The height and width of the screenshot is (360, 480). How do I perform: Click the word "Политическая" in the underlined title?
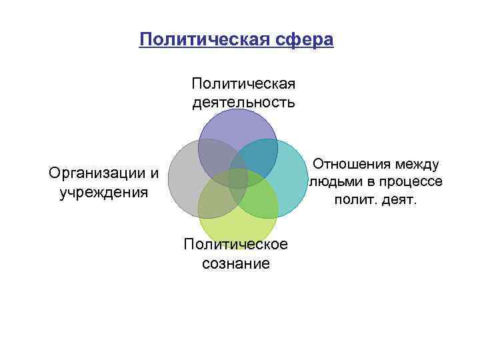(x=201, y=40)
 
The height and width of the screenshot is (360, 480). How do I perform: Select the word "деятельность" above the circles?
(x=243, y=102)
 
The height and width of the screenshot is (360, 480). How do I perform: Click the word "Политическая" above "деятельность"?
(x=243, y=84)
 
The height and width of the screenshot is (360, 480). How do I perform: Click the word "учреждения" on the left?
(x=103, y=193)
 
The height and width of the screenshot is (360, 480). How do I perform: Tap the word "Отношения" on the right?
(x=351, y=164)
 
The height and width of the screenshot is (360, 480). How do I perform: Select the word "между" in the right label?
(x=416, y=164)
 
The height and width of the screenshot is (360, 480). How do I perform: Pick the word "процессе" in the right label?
(x=410, y=182)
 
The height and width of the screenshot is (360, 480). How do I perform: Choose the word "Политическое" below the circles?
(x=237, y=244)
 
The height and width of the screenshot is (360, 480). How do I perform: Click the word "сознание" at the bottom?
(x=237, y=263)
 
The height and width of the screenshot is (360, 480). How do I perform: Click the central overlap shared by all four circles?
(x=238, y=179)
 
